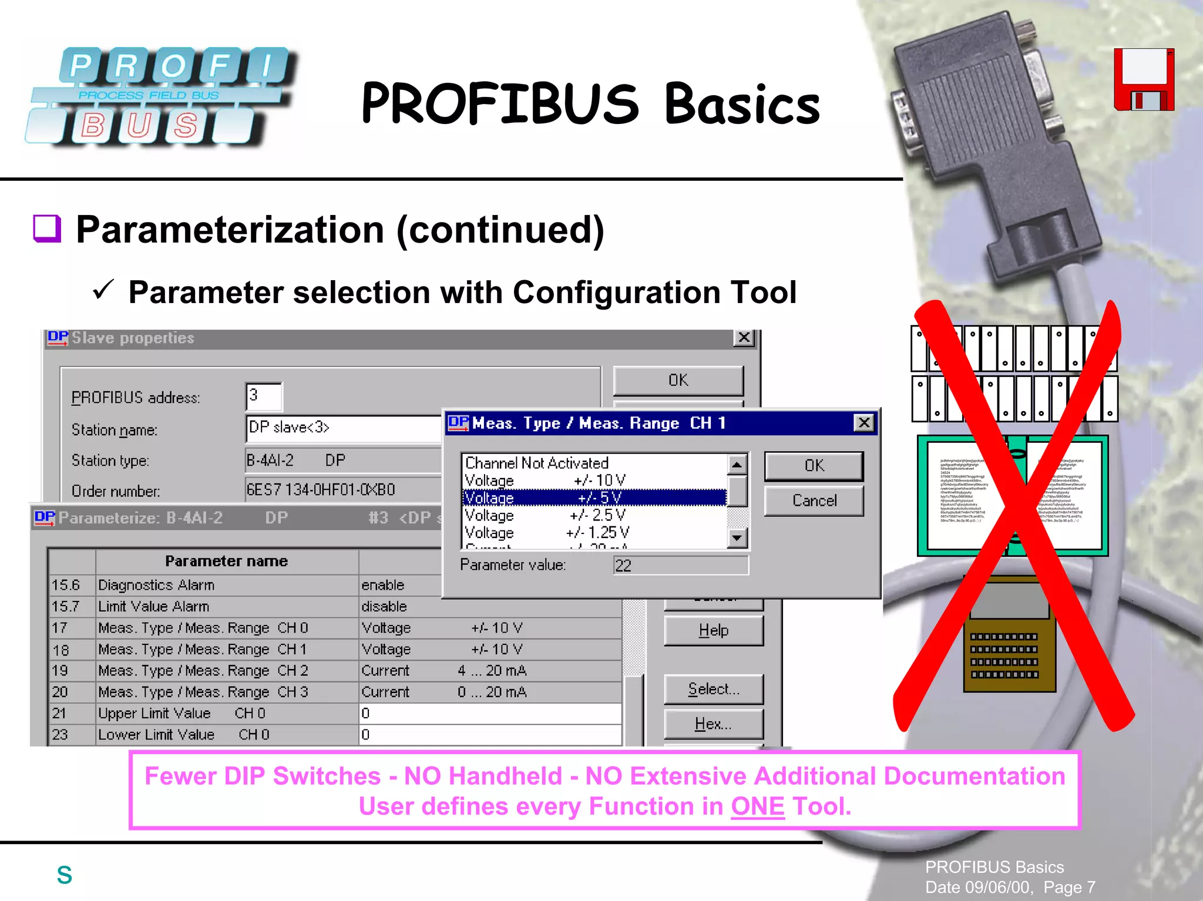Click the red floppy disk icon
click(x=1144, y=80)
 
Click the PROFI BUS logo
click(x=159, y=96)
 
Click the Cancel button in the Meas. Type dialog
click(x=814, y=501)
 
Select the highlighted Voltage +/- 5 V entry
click(x=594, y=498)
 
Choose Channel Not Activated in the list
click(x=594, y=463)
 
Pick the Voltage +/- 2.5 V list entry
click(x=594, y=515)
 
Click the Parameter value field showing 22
click(x=680, y=566)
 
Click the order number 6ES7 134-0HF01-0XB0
click(x=321, y=490)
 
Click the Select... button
click(x=713, y=689)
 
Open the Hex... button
click(x=713, y=724)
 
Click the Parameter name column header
click(x=227, y=562)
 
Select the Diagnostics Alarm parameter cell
click(x=227, y=585)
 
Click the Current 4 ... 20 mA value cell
click(x=490, y=671)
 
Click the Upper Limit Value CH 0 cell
click(x=227, y=713)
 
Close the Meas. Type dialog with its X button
click(x=863, y=423)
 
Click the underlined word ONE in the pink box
click(x=757, y=806)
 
